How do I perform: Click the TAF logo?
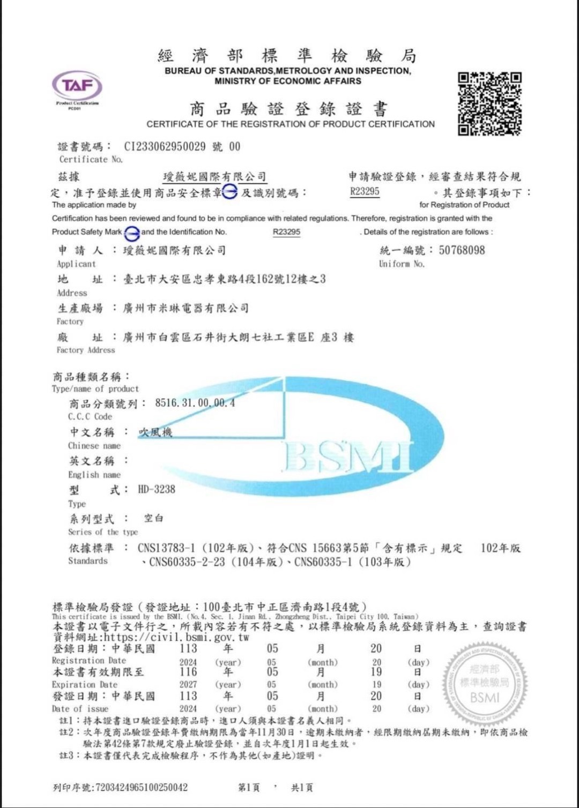point(77,86)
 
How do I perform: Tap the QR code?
point(489,103)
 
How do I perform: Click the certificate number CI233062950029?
point(165,147)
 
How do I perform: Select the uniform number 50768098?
point(462,250)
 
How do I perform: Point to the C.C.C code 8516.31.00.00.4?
point(195,403)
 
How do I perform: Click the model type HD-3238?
point(157,489)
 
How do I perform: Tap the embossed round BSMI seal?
point(485,683)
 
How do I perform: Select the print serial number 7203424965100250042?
point(141,787)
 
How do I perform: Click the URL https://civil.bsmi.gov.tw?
point(176,638)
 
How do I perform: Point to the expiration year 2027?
point(188,685)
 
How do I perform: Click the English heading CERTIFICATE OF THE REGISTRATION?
point(291,124)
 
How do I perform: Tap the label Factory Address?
point(86,350)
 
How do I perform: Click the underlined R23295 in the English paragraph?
point(286,232)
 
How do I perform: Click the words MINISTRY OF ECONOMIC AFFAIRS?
point(288,81)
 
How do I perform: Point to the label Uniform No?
point(402,264)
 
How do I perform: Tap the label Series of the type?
point(103,532)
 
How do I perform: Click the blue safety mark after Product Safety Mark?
point(132,233)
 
